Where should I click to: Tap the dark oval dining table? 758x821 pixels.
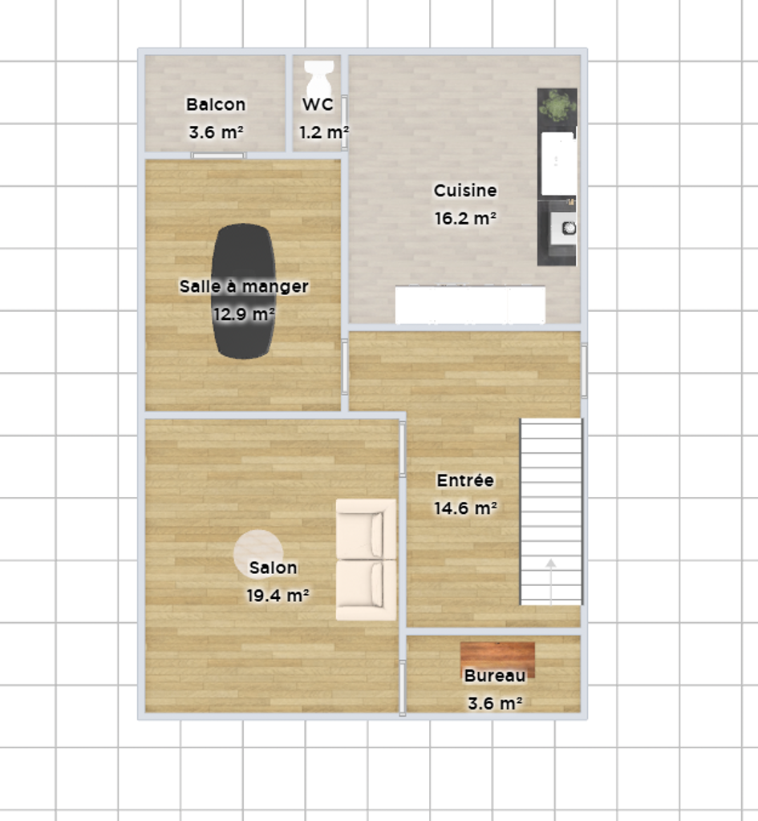click(243, 291)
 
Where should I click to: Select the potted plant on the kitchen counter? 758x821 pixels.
click(558, 106)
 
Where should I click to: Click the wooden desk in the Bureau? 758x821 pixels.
click(497, 660)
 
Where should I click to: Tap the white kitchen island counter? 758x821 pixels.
click(470, 304)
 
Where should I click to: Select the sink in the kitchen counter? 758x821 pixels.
click(563, 229)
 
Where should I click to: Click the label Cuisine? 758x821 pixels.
click(465, 191)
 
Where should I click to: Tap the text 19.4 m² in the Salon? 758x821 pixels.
click(278, 596)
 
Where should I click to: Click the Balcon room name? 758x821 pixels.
click(216, 105)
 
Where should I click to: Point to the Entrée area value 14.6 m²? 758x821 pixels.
click(465, 508)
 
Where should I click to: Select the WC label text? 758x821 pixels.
click(318, 105)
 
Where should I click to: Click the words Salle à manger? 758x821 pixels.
click(244, 286)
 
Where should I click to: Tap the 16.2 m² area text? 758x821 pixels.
click(465, 218)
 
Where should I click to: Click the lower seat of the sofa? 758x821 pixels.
click(366, 590)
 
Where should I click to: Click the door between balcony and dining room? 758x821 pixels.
click(218, 156)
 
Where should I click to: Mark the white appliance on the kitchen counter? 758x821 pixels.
click(558, 164)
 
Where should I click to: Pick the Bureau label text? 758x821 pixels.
click(495, 676)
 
